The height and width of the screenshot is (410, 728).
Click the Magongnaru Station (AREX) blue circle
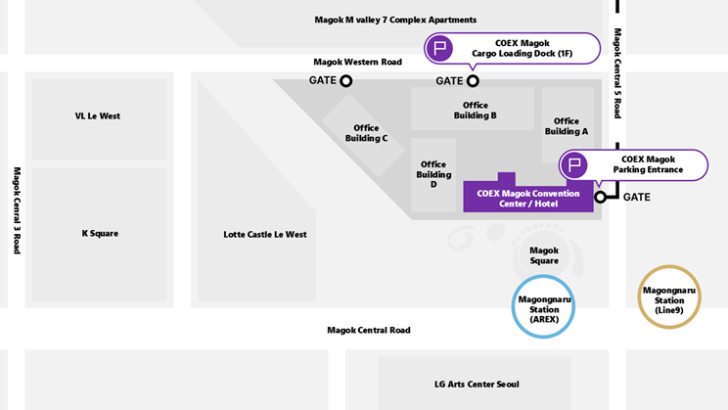513,306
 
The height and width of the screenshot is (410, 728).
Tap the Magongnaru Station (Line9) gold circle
639,297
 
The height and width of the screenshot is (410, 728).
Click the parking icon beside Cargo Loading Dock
439,48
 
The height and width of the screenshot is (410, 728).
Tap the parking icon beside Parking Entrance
574,164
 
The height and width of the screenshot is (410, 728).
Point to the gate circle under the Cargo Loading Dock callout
473,81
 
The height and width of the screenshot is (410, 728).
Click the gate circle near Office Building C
345,81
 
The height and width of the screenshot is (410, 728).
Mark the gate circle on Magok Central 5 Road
600,197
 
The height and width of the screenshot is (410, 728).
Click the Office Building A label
567,126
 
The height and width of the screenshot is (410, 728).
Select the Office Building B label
475,111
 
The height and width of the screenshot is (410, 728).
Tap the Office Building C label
366,133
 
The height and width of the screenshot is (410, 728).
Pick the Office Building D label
433,174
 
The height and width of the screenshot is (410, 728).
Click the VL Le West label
98,116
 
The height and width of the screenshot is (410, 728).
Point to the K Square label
100,234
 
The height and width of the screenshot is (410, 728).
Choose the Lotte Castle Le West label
265,235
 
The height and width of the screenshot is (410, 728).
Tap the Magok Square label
544,255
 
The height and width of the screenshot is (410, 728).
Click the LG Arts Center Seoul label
477,385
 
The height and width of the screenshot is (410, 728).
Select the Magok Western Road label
357,62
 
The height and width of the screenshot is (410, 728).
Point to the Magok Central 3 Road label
18,210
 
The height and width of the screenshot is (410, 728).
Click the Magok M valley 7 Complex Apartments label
395,20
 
